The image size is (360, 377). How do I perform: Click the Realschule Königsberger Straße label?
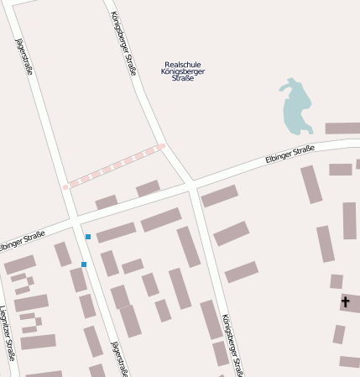183,71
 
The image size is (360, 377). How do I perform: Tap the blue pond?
295,107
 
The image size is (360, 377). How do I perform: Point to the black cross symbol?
345,301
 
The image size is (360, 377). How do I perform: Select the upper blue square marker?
88,237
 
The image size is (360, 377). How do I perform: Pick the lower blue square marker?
84,264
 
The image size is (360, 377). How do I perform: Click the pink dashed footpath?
113,166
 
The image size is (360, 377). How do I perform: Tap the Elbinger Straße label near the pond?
289,154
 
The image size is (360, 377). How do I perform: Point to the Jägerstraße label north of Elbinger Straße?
23,56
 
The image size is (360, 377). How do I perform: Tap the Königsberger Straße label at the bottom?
233,344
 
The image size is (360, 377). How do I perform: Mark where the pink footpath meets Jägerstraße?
65,186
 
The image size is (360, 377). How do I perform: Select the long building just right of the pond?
342,128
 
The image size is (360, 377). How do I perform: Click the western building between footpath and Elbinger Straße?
107,202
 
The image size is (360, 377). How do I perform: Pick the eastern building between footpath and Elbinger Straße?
148,188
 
